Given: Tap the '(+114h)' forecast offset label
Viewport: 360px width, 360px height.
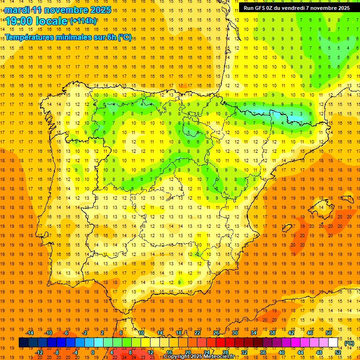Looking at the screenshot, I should point(83,21).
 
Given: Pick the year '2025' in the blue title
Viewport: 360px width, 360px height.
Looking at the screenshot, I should point(100,10).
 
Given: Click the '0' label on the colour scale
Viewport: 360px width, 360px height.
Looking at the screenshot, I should point(92,352).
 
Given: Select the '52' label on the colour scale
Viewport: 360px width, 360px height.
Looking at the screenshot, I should point(338,352).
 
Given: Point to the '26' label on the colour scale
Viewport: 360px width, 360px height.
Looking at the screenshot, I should point(216,333).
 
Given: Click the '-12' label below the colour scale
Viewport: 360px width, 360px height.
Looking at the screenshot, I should point(39,352).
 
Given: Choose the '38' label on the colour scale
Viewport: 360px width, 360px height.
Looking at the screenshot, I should point(272,333).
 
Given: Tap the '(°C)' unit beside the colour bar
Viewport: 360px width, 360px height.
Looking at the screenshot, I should point(349,343).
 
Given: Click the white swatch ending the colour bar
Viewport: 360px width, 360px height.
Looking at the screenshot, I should point(333,343).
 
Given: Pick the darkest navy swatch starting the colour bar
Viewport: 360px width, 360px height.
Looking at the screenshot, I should point(24,343).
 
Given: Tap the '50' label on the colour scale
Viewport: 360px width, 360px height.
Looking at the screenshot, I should point(329,333).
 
